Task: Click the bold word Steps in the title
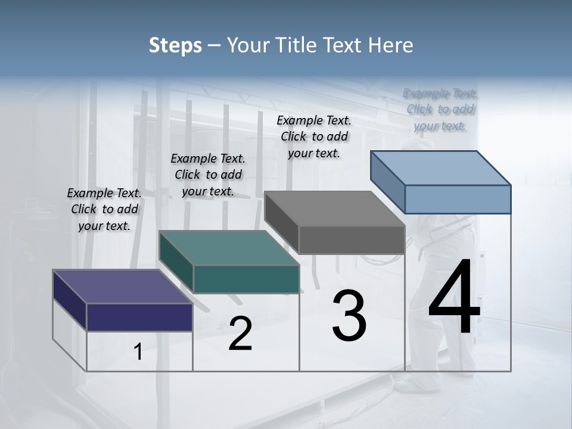click(x=175, y=45)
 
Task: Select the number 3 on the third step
click(x=349, y=316)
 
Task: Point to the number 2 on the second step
click(x=240, y=334)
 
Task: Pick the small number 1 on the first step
click(x=138, y=352)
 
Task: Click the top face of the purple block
click(x=122, y=287)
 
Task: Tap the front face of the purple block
click(x=139, y=317)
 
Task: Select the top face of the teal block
click(x=229, y=248)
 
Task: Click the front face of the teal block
click(x=245, y=279)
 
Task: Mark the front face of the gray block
click(x=352, y=240)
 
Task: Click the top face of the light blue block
click(x=441, y=168)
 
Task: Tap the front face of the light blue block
click(x=458, y=199)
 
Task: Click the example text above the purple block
click(x=104, y=209)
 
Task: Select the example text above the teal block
click(x=208, y=175)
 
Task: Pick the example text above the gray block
click(x=314, y=136)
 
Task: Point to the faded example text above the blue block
click(x=440, y=109)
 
